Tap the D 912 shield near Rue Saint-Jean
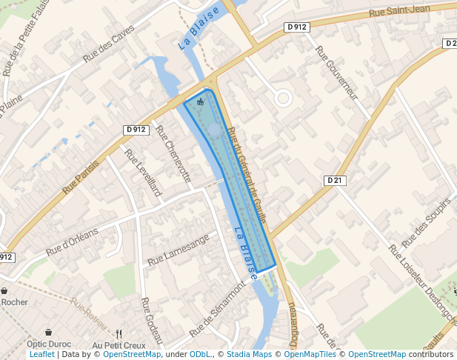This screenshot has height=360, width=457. [x=296, y=27]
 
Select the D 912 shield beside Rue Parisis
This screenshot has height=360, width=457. [x=136, y=130]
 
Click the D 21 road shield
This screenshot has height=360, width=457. [x=336, y=180]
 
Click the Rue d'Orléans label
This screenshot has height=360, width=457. [x=72, y=241]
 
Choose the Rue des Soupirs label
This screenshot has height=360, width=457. [x=426, y=223]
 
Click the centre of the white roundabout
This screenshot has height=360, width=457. [x=283, y=98]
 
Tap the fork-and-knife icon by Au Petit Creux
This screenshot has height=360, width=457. [x=119, y=333]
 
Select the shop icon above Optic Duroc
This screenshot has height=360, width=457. [x=48, y=333]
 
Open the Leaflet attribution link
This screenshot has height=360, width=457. [x=42, y=355]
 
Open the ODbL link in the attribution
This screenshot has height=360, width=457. [x=200, y=355]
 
